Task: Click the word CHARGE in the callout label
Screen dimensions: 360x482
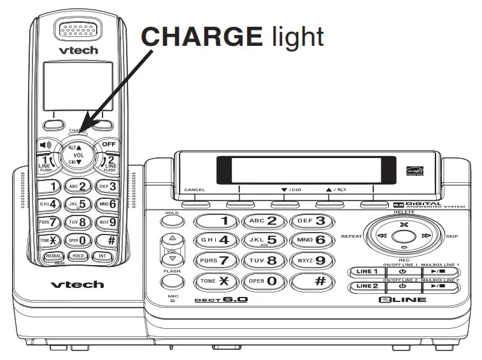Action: pos(199,36)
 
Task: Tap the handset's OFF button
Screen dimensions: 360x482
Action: pos(108,146)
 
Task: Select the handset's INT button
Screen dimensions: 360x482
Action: pos(103,256)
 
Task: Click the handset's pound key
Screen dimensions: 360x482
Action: pos(110,241)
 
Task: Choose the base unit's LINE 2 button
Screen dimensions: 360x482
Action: pos(367,286)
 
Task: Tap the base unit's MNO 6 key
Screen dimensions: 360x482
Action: pos(311,241)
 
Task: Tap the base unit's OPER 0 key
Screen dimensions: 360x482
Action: pos(265,281)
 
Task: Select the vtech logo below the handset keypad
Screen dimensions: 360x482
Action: pos(76,284)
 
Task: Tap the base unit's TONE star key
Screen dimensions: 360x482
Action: pos(217,281)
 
